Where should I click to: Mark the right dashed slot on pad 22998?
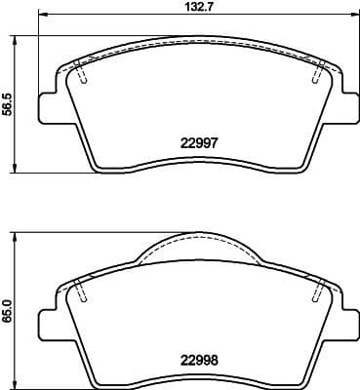316,290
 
